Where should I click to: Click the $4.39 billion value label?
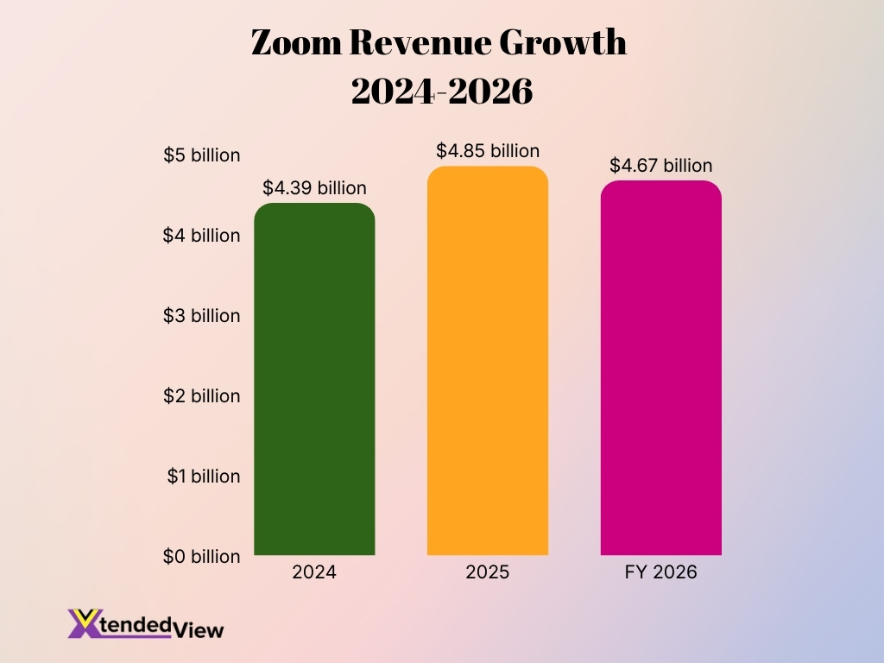click(x=314, y=188)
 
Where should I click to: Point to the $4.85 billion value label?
click(x=488, y=151)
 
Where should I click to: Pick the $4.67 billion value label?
click(x=661, y=166)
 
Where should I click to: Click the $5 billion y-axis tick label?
click(x=202, y=155)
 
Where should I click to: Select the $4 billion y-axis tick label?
click(x=202, y=236)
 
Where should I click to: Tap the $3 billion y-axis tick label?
click(x=202, y=316)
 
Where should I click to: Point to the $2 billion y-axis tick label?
click(x=202, y=396)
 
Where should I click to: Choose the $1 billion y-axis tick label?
click(x=202, y=477)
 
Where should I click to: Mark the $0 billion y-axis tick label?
click(x=202, y=557)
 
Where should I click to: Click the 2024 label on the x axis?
click(x=314, y=572)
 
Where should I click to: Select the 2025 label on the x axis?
click(x=488, y=572)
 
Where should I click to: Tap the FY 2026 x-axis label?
click(x=661, y=572)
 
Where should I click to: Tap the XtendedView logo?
click(x=145, y=624)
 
